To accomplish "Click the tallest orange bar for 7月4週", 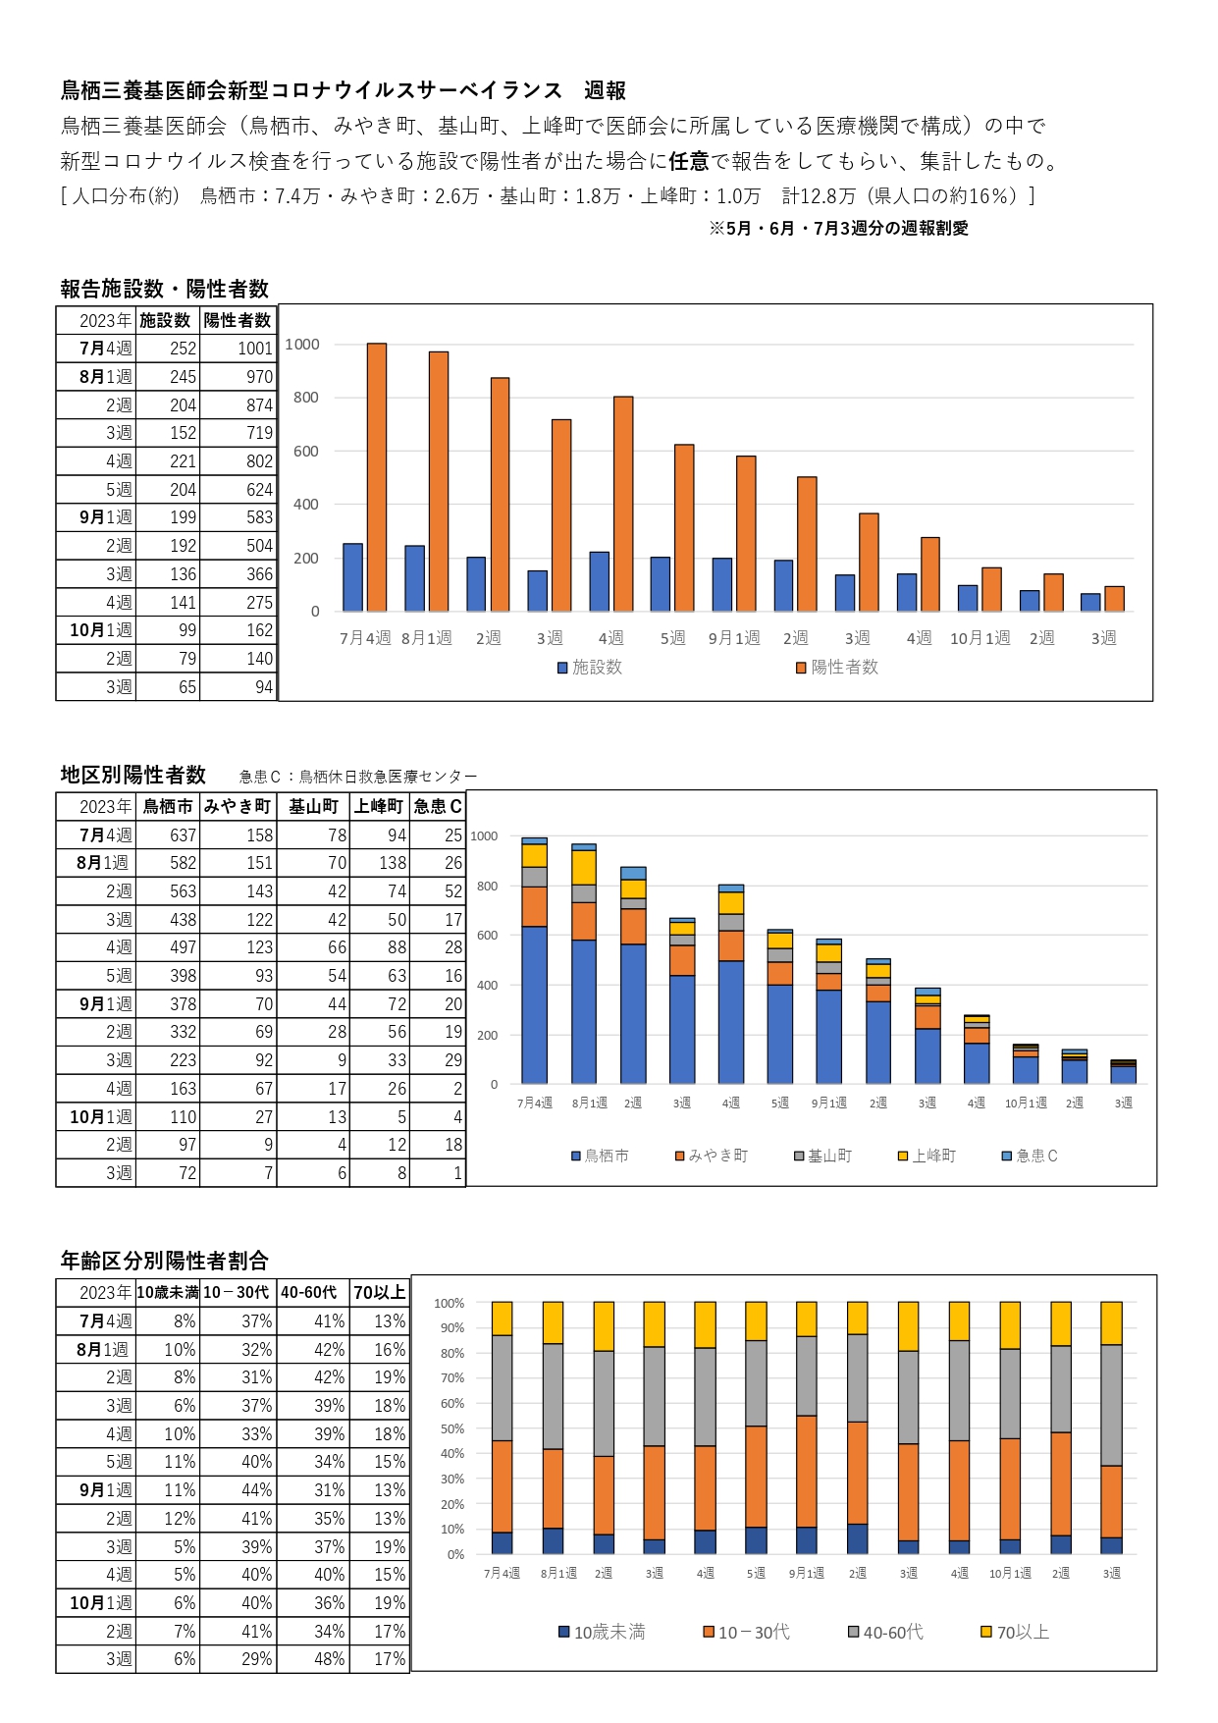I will click(377, 477).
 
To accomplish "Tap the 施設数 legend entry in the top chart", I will click(590, 668).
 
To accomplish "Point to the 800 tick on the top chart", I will click(305, 398).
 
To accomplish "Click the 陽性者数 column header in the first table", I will click(238, 321).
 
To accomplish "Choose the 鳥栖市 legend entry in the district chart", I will click(600, 1157).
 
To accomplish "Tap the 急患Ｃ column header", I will click(438, 806).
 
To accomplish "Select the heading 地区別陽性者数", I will click(133, 776).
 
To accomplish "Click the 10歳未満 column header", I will click(168, 1293).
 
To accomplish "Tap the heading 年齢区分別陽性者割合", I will click(165, 1261).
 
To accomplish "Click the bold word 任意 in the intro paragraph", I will click(689, 161).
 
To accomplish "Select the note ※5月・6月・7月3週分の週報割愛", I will click(838, 229).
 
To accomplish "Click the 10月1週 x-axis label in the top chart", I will click(980, 639).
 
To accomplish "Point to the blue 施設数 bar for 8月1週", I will click(414, 578).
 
